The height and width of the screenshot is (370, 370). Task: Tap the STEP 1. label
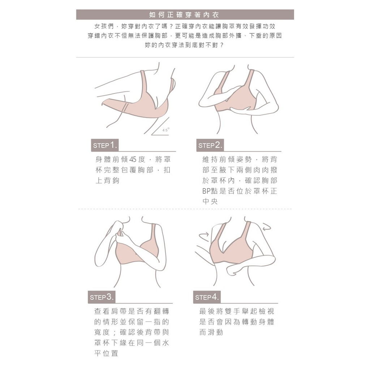pos(105,145)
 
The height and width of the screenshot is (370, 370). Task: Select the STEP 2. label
pos(210,145)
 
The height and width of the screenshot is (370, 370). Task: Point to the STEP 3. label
pos(102,297)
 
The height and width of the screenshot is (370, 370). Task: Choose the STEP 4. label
pos(207,297)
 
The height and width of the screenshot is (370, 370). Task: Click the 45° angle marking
pos(166,130)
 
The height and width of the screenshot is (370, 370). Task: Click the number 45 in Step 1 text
pos(133,159)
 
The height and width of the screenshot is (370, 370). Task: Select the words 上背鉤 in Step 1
pos(107,181)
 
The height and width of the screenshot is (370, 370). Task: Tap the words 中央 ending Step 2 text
pos(210,201)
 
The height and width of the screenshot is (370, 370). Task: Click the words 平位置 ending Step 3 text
pos(106,353)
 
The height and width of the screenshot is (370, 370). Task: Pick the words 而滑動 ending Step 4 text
pos(211,332)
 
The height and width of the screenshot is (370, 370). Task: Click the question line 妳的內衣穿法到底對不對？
pos(184,45)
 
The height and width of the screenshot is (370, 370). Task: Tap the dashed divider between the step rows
pos(185,209)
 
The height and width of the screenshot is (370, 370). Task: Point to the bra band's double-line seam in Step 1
pos(125,108)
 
